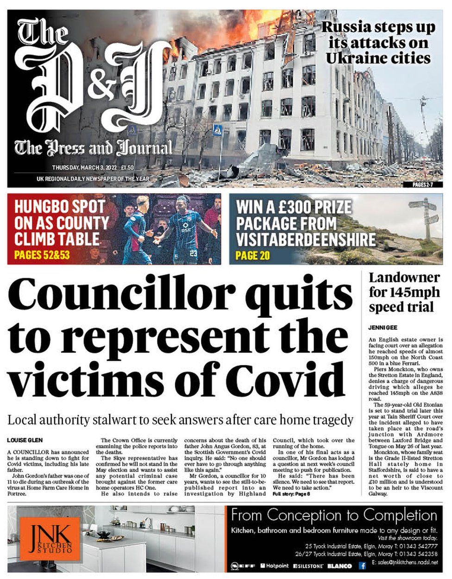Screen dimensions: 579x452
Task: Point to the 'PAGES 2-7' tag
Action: (x=426, y=184)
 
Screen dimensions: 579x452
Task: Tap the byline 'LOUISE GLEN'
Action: (x=24, y=439)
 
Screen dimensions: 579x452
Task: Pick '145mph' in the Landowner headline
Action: (x=412, y=292)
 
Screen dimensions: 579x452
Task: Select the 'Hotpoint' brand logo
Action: (x=276, y=565)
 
